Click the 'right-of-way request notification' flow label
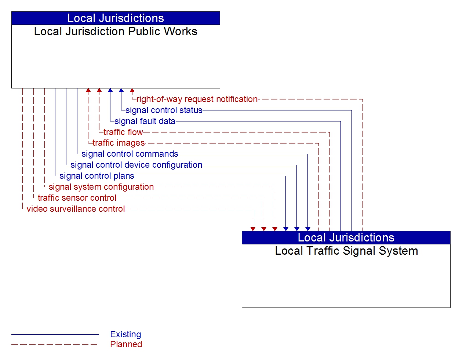coord(197,99)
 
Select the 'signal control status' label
coord(164,110)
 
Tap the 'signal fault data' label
coord(145,121)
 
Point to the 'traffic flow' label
coord(123,132)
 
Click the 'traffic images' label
coord(119,143)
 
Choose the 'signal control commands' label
coord(130,154)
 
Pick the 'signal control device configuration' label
coord(136,165)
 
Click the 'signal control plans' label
coord(97,176)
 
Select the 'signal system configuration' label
coord(101,187)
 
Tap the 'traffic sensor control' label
coord(77,198)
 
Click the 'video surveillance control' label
coord(76,209)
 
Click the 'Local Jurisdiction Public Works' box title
coord(116,32)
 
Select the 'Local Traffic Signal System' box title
coord(346,251)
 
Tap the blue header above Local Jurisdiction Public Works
coord(116,18)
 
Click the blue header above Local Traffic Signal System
coord(346,238)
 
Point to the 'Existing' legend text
coord(125,334)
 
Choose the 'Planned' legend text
coord(126,344)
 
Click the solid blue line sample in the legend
coord(55,334)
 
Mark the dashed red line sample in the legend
coord(55,344)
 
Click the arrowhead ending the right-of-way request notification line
coord(132,90)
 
